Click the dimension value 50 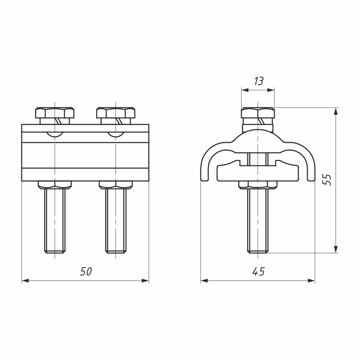click(x=86, y=272)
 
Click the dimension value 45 click(x=258, y=272)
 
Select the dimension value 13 click(x=258, y=81)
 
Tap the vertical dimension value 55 click(x=327, y=180)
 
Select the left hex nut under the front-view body click(x=55, y=184)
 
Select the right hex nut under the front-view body click(x=116, y=184)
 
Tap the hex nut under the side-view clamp click(x=258, y=184)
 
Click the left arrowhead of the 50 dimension click(x=25, y=281)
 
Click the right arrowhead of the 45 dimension click(x=311, y=281)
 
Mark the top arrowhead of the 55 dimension click(x=336, y=111)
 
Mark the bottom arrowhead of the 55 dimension click(x=336, y=249)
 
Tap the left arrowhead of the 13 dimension click(x=245, y=90)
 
